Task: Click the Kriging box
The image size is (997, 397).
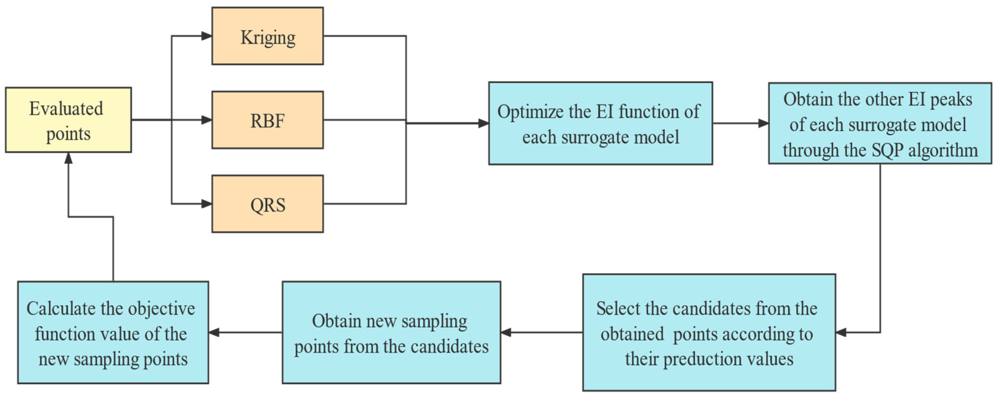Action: pos(267,36)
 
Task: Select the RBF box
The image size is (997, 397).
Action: pos(267,120)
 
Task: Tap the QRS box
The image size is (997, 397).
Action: pos(267,204)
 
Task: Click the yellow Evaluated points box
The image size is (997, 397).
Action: pos(69,120)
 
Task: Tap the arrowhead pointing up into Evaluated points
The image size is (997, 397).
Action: pos(69,157)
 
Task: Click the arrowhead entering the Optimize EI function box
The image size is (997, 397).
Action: pos(484,123)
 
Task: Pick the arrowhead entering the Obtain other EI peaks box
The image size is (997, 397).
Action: pos(764,123)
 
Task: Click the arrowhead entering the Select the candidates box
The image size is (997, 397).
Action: pos(841,332)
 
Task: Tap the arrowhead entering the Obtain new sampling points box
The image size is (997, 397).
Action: pos(506,332)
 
